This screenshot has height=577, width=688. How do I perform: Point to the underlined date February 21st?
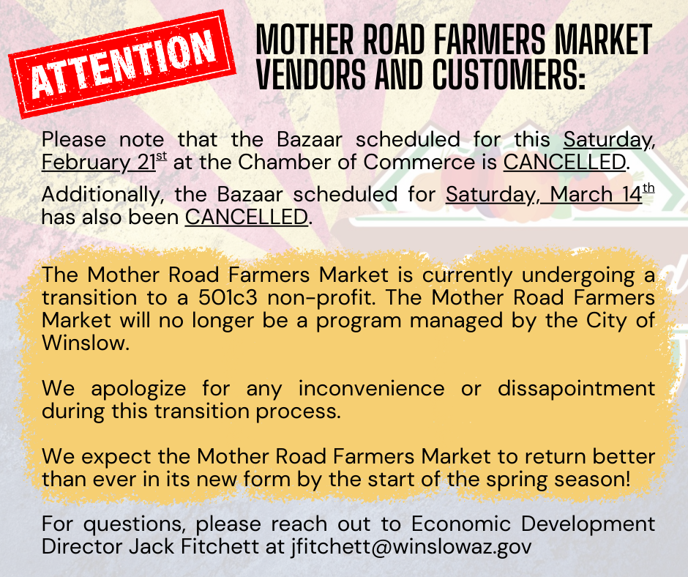pyautogui.click(x=105, y=162)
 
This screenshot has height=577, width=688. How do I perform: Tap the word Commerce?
pyautogui.click(x=437, y=162)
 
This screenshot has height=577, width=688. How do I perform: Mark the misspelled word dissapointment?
pyautogui.click(x=575, y=388)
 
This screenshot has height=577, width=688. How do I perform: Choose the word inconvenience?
pyautogui.click(x=371, y=388)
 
